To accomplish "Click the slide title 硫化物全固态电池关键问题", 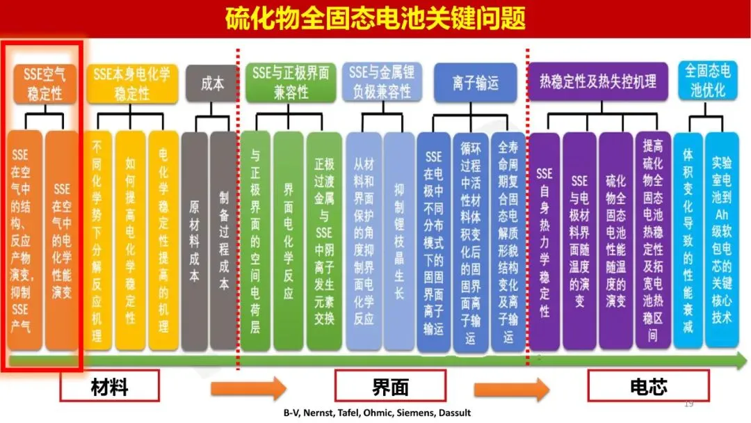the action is (x=375, y=18).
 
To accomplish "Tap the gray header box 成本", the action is (x=212, y=83).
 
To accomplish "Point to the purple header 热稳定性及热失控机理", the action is (x=598, y=81).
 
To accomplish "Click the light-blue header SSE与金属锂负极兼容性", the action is (x=380, y=82).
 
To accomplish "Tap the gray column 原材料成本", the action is (x=195, y=240).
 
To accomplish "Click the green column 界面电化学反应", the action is (x=288, y=240).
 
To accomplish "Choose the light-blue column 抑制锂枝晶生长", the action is (x=398, y=240).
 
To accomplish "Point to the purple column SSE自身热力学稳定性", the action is (x=544, y=240).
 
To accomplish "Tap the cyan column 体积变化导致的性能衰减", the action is (x=688, y=240).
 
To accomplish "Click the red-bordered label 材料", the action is (x=109, y=386).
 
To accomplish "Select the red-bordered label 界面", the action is (x=390, y=386).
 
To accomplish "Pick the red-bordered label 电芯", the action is (x=647, y=386).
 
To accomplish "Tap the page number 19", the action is (x=690, y=404).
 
